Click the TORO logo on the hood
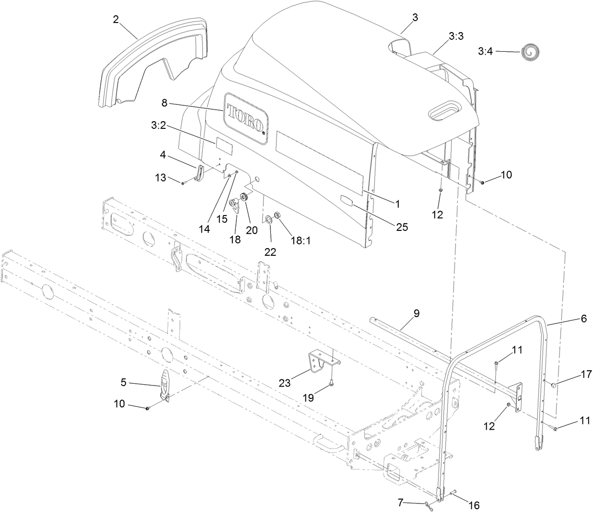(245, 118)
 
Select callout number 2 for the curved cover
(116, 19)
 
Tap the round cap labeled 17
(553, 385)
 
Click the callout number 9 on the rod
(416, 313)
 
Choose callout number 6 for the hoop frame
(583, 318)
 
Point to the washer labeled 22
(268, 219)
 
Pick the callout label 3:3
(456, 36)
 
